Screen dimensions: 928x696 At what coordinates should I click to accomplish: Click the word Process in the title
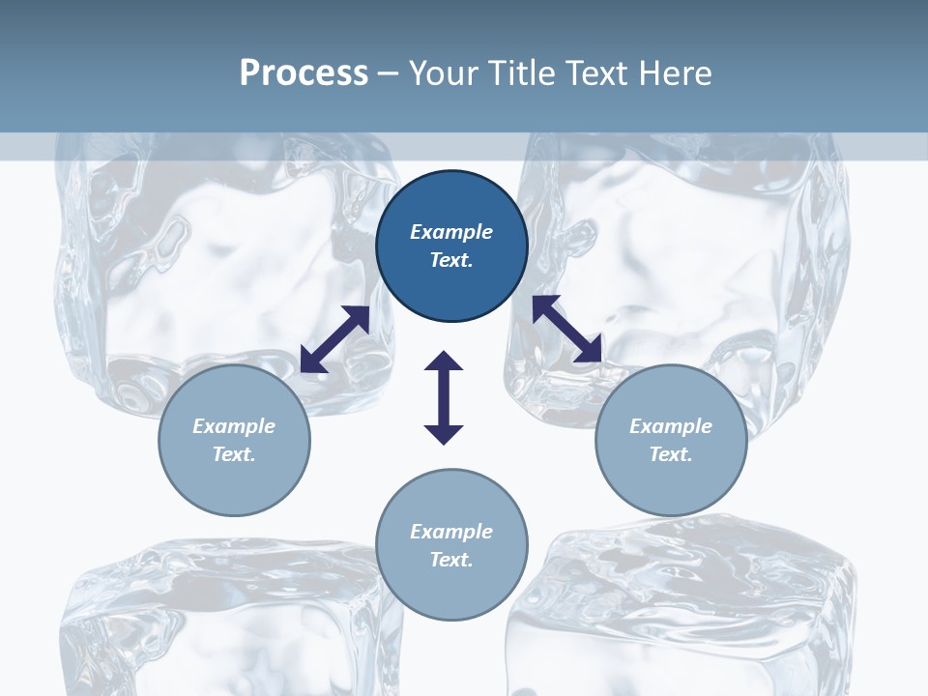click(x=304, y=73)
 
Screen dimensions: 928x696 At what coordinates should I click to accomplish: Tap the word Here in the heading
click(x=675, y=73)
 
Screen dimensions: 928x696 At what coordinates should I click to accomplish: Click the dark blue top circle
click(x=451, y=246)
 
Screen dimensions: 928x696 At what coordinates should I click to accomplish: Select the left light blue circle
click(x=234, y=440)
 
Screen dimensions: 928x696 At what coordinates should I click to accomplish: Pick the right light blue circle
click(x=671, y=440)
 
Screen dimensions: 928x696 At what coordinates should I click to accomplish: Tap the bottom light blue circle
click(x=451, y=544)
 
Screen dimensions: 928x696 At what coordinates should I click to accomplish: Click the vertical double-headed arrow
click(x=444, y=397)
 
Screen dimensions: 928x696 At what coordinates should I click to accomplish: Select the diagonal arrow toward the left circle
click(x=335, y=339)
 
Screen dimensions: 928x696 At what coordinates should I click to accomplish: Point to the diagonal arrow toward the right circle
click(x=567, y=328)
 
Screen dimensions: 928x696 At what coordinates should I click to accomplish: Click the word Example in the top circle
click(x=451, y=231)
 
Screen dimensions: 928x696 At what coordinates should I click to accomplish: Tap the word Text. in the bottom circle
click(x=451, y=560)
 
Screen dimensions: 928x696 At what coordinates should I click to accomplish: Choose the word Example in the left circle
click(x=234, y=426)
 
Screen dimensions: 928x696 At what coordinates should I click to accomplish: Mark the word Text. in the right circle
click(x=671, y=454)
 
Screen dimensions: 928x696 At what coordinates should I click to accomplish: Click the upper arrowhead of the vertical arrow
click(x=444, y=361)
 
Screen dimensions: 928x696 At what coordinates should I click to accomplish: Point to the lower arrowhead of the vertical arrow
click(x=444, y=435)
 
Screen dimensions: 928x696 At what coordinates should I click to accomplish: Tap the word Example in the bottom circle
click(x=451, y=531)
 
